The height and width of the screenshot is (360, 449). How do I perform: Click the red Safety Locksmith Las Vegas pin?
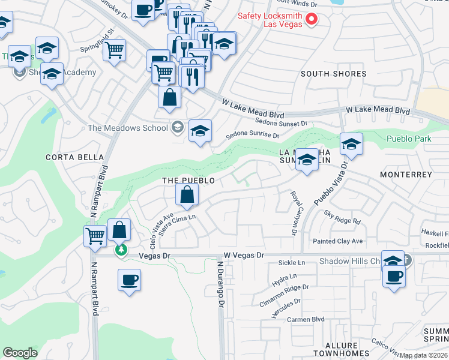tap(312, 19)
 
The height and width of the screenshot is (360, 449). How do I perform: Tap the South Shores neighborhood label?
tap(333, 74)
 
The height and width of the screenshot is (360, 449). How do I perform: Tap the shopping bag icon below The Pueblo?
tap(187, 194)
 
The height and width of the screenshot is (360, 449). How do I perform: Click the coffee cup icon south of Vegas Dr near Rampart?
tap(129, 280)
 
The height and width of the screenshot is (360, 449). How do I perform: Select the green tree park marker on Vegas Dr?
tap(121, 248)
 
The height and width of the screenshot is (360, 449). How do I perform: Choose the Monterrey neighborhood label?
tap(406, 174)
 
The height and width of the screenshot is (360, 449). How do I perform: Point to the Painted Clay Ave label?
tap(338, 241)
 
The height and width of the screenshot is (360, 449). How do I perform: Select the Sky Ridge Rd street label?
tap(342, 217)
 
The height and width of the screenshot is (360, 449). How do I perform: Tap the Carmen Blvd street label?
tap(306, 319)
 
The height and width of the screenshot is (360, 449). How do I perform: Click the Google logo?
tap(20, 353)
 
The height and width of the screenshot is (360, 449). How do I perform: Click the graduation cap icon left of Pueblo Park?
tap(351, 144)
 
